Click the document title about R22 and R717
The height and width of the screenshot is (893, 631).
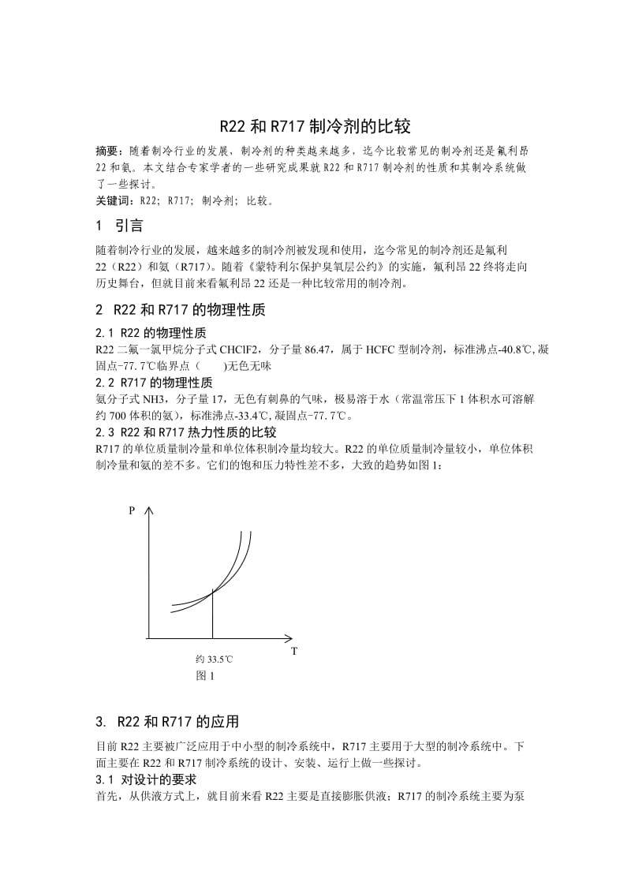point(315,126)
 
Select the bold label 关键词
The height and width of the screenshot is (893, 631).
point(110,200)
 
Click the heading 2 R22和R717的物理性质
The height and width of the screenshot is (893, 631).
point(180,310)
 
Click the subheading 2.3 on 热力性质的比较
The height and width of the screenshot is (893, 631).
point(185,432)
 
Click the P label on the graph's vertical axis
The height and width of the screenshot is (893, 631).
point(131,512)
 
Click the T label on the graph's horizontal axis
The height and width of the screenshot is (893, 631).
point(293,651)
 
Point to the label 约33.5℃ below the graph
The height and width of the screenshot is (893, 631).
point(214,658)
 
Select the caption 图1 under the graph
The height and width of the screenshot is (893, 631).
point(206,675)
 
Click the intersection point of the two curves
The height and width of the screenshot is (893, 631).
point(212,591)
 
